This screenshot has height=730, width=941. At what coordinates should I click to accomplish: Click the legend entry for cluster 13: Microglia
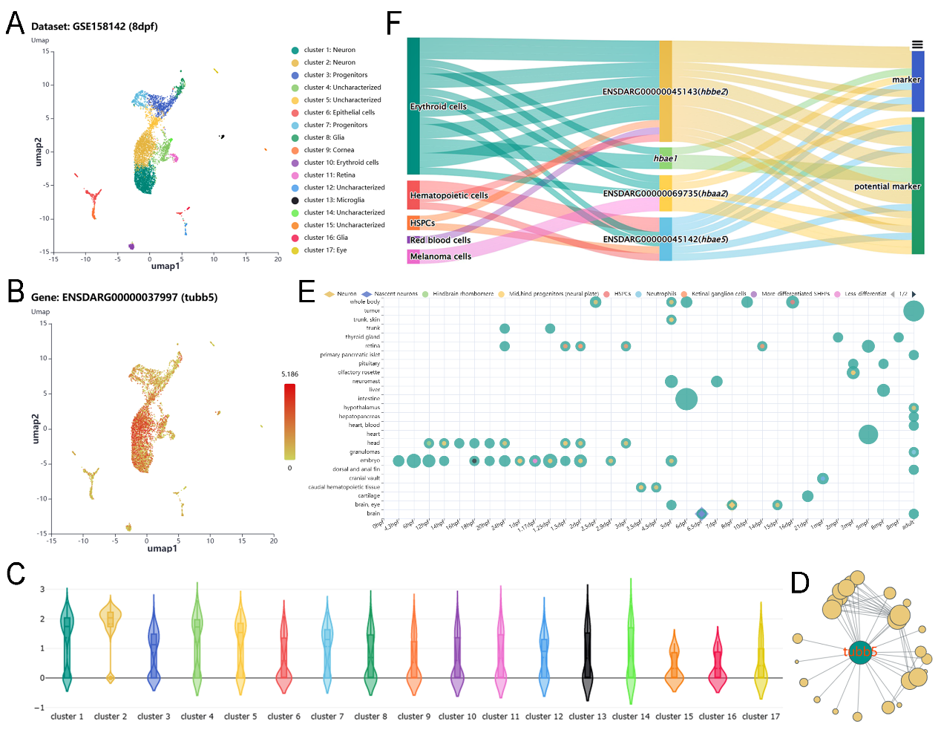point(334,200)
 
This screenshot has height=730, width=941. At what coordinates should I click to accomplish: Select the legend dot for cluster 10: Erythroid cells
point(295,163)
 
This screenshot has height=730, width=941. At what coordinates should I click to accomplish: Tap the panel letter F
point(395,24)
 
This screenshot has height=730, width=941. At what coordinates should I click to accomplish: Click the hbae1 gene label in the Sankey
point(665,158)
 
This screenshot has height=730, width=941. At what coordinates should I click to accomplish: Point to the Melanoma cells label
point(440,256)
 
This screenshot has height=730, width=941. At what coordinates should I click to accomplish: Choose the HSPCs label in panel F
point(422,223)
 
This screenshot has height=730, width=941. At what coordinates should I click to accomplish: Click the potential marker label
point(887,186)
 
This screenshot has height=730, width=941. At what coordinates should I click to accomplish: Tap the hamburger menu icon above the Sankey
point(917,45)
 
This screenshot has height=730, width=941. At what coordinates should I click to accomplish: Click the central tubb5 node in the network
point(859,652)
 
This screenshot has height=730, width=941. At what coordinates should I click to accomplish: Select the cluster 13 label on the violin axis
point(587,717)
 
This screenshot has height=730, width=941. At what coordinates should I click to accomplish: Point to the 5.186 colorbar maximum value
point(289,374)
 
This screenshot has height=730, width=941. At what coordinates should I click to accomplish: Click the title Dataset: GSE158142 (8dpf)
point(94,27)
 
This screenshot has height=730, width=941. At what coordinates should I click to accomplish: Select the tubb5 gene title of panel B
point(124,297)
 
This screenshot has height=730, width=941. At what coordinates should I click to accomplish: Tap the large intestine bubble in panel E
point(686,399)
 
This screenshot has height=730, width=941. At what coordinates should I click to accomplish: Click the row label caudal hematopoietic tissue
point(344,487)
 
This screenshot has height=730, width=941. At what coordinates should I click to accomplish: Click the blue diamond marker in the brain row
point(701,513)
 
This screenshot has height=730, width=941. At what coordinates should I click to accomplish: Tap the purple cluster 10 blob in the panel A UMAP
point(131,246)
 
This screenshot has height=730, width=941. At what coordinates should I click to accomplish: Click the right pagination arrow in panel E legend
point(914,294)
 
